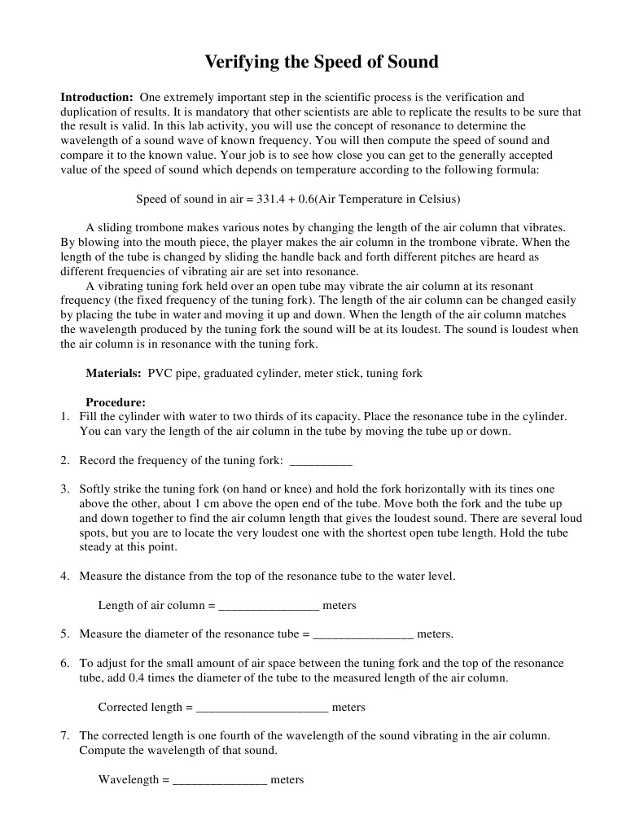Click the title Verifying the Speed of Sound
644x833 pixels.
click(322, 62)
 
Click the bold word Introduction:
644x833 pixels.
click(97, 97)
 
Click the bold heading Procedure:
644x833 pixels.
click(116, 402)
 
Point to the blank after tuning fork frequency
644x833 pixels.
click(321, 461)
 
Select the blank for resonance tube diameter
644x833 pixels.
click(363, 634)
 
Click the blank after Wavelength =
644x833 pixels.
click(220, 780)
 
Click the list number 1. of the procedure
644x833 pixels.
click(65, 417)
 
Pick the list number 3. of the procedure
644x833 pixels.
click(65, 489)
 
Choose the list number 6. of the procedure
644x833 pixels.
click(65, 664)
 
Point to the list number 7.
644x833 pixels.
click(65, 735)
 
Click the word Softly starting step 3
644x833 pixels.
click(97, 489)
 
